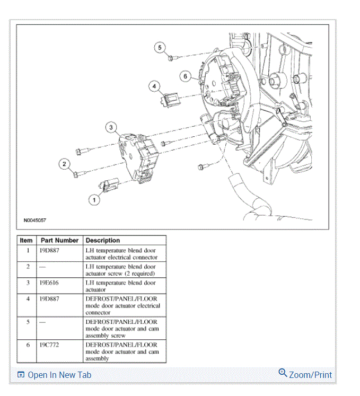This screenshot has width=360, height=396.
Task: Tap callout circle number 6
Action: point(185,76)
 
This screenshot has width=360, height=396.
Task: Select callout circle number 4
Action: point(154,86)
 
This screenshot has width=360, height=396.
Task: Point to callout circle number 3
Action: point(111,127)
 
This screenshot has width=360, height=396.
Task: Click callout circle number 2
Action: point(64,164)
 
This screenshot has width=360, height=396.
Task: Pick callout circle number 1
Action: point(94,200)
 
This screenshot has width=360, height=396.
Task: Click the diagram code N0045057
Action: point(35,219)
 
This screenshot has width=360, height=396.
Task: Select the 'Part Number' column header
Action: point(59,240)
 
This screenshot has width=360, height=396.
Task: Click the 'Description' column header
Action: point(103,240)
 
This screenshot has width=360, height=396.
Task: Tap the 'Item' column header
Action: point(26,240)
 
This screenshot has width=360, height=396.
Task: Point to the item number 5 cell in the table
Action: point(28,322)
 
